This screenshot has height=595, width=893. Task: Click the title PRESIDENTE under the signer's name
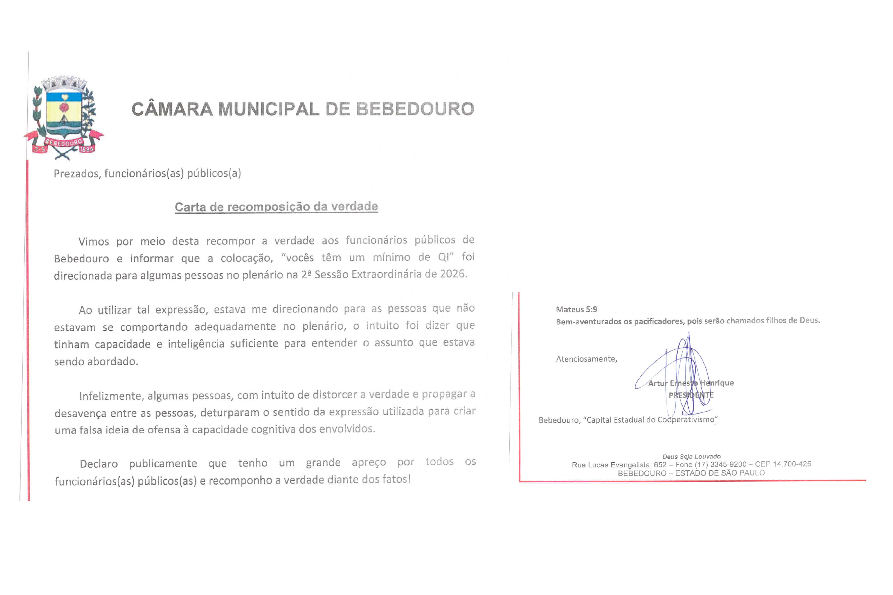[691, 395]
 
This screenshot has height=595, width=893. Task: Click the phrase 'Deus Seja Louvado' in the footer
[691, 457]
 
